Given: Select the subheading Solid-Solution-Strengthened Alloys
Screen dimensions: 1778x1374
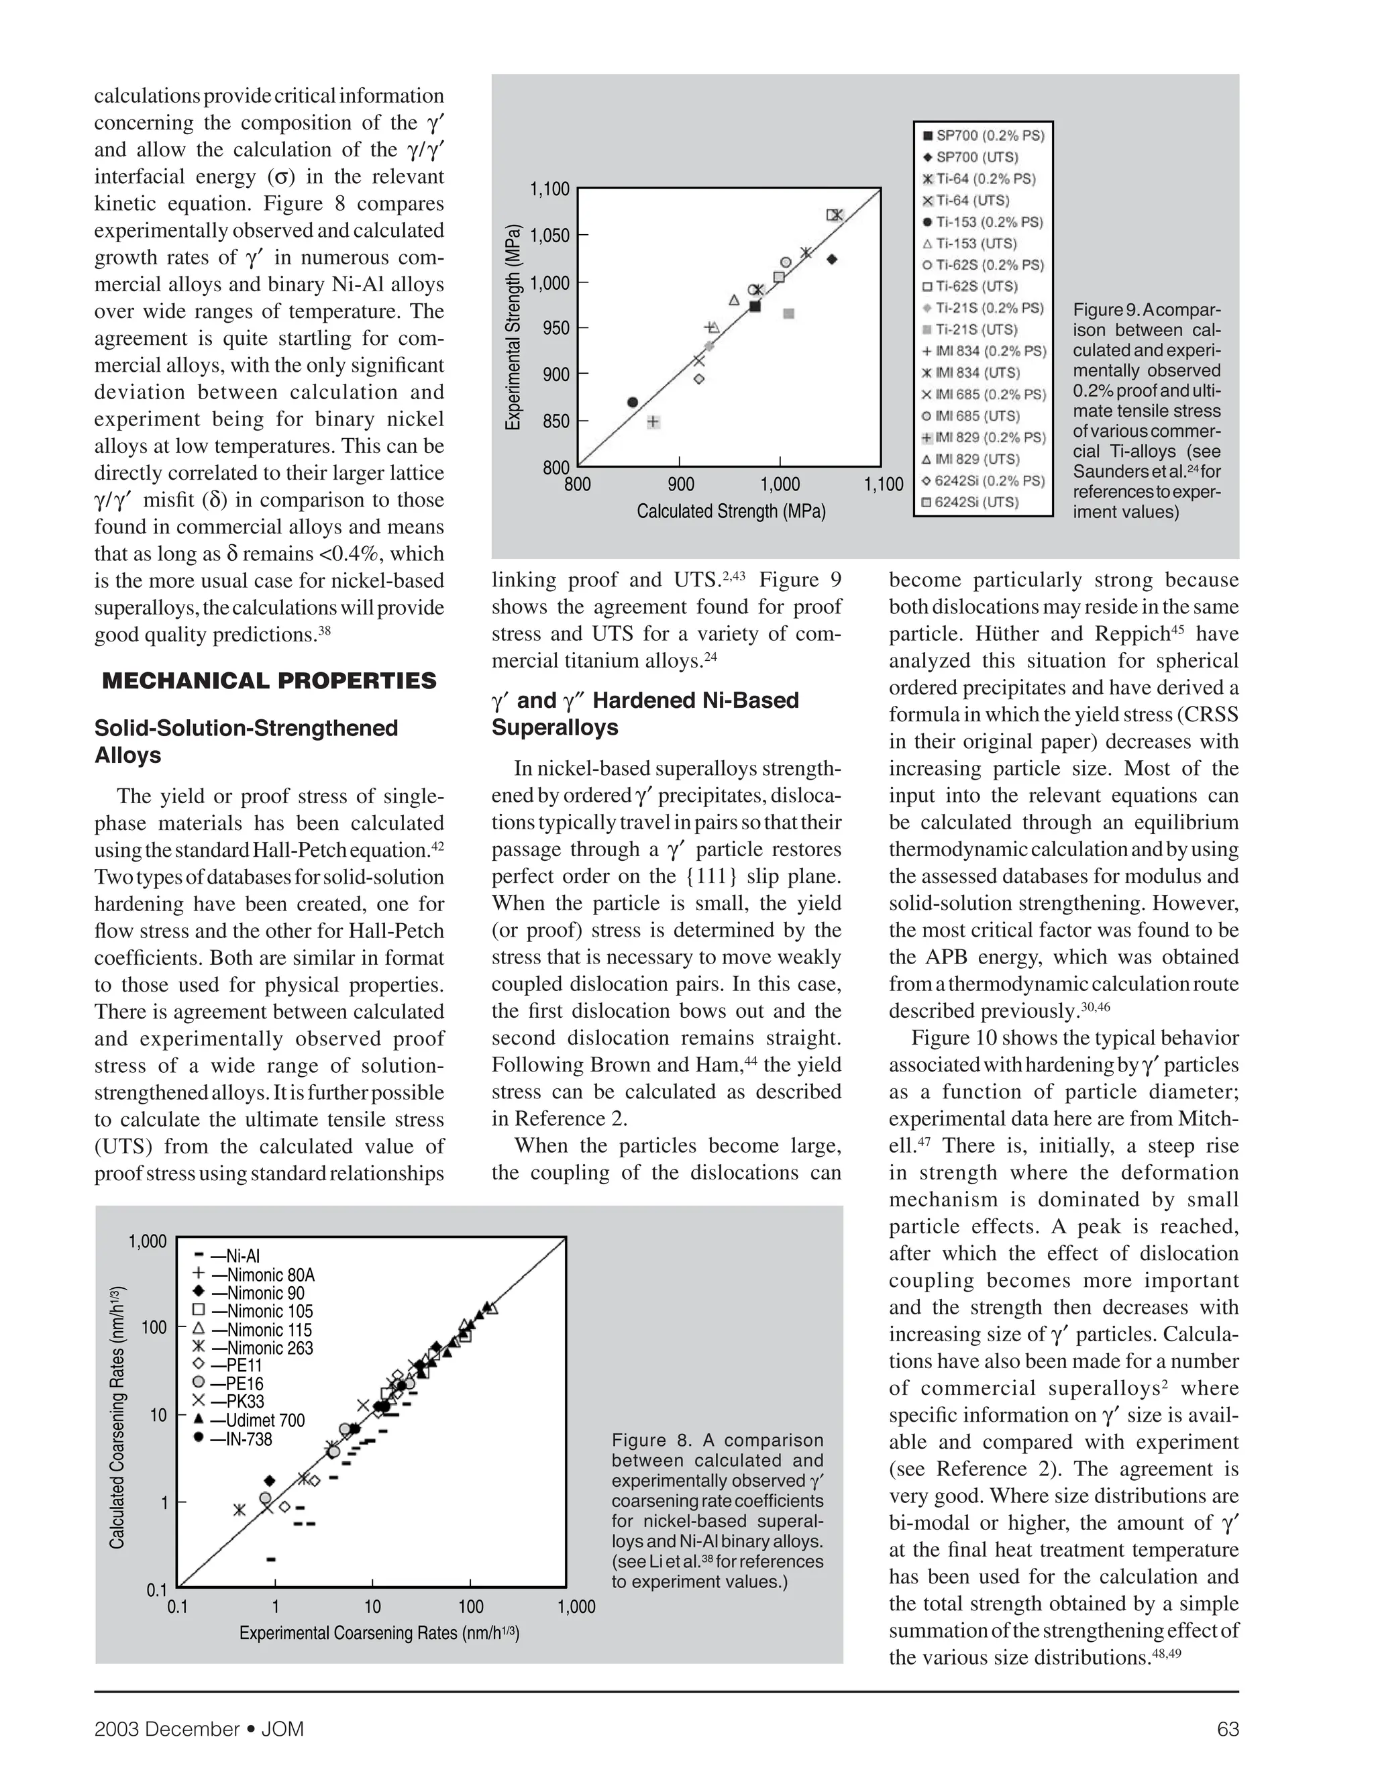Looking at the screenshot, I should [x=246, y=741].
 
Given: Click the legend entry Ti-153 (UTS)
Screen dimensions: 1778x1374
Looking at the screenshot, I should [x=976, y=244].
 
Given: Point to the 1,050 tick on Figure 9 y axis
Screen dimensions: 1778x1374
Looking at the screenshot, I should [x=549, y=236].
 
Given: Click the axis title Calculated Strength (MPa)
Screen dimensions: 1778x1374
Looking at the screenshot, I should [x=730, y=511].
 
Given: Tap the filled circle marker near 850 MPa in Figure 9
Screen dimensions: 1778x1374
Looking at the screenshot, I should [x=633, y=402].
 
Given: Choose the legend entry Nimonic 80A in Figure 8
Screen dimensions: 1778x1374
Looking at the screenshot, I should [x=262, y=1275].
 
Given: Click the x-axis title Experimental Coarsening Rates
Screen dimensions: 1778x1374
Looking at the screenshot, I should [x=379, y=1633].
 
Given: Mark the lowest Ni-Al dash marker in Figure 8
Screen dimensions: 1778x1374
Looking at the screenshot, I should [x=271, y=1559].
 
